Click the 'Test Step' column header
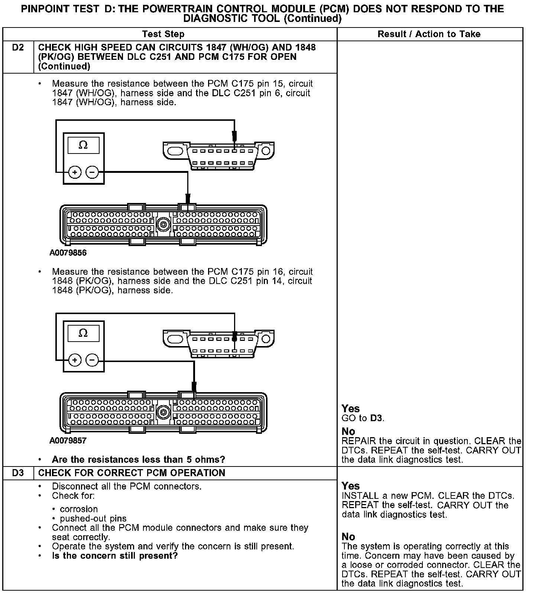click(x=163, y=34)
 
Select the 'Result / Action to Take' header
click(x=429, y=34)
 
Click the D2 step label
click(x=18, y=48)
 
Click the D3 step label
click(x=18, y=473)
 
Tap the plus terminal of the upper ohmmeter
click(x=75, y=172)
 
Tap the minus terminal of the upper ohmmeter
click(x=92, y=172)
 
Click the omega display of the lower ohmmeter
click(x=83, y=333)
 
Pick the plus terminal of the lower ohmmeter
click(x=75, y=360)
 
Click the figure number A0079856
click(x=68, y=253)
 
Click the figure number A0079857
click(x=68, y=440)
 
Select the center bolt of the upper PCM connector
click(x=163, y=224)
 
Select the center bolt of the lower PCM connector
click(x=163, y=412)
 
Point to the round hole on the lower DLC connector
click(x=266, y=339)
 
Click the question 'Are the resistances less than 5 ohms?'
click(x=138, y=459)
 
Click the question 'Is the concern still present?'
click(x=115, y=556)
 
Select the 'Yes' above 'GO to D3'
click(x=350, y=409)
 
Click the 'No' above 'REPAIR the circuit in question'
click(x=348, y=431)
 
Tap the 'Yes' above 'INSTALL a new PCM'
click(x=350, y=486)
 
